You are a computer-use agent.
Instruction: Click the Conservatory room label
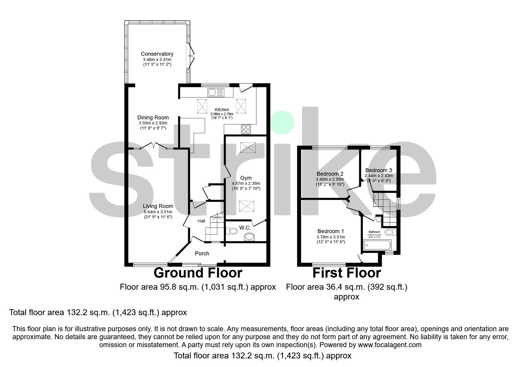tap(157, 54)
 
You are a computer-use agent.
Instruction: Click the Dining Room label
tap(153, 118)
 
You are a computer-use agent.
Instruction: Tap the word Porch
tap(202, 254)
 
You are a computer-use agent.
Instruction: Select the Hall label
tap(201, 221)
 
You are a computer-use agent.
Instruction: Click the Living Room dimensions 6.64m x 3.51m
tap(158, 212)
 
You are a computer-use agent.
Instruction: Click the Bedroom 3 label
tap(379, 170)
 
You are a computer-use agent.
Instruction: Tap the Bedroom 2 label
tap(330, 174)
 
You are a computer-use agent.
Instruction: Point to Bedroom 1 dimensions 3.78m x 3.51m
tap(331, 237)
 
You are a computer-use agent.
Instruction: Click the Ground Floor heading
tap(198, 273)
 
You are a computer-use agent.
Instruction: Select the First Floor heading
tap(347, 273)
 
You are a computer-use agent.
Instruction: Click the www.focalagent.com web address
tap(390, 345)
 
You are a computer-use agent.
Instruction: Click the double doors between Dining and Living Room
tap(153, 146)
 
